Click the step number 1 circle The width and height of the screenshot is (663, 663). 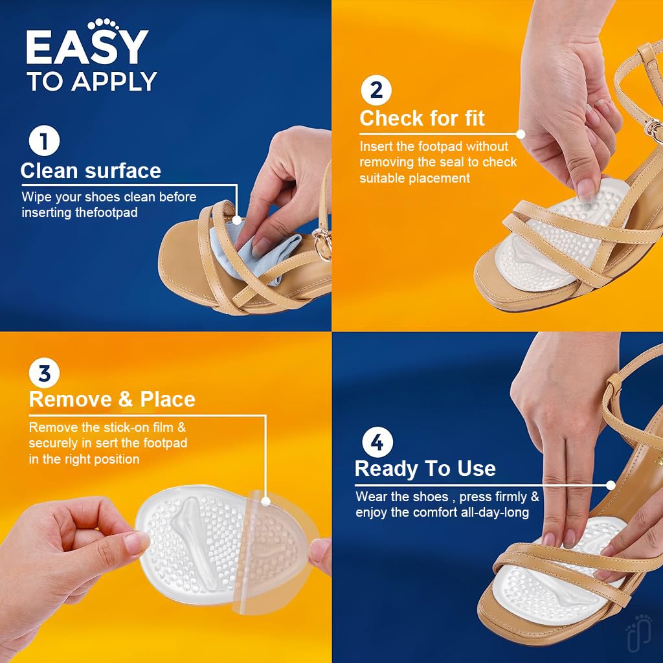click(44, 142)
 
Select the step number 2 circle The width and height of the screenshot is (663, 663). click(376, 90)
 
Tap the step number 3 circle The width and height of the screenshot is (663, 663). click(44, 374)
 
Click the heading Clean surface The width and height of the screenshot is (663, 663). click(91, 171)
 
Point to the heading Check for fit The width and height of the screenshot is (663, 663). click(422, 118)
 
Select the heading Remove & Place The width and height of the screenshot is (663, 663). click(112, 399)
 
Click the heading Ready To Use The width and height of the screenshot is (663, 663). click(425, 468)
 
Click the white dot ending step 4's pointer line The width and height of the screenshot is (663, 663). click(611, 484)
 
